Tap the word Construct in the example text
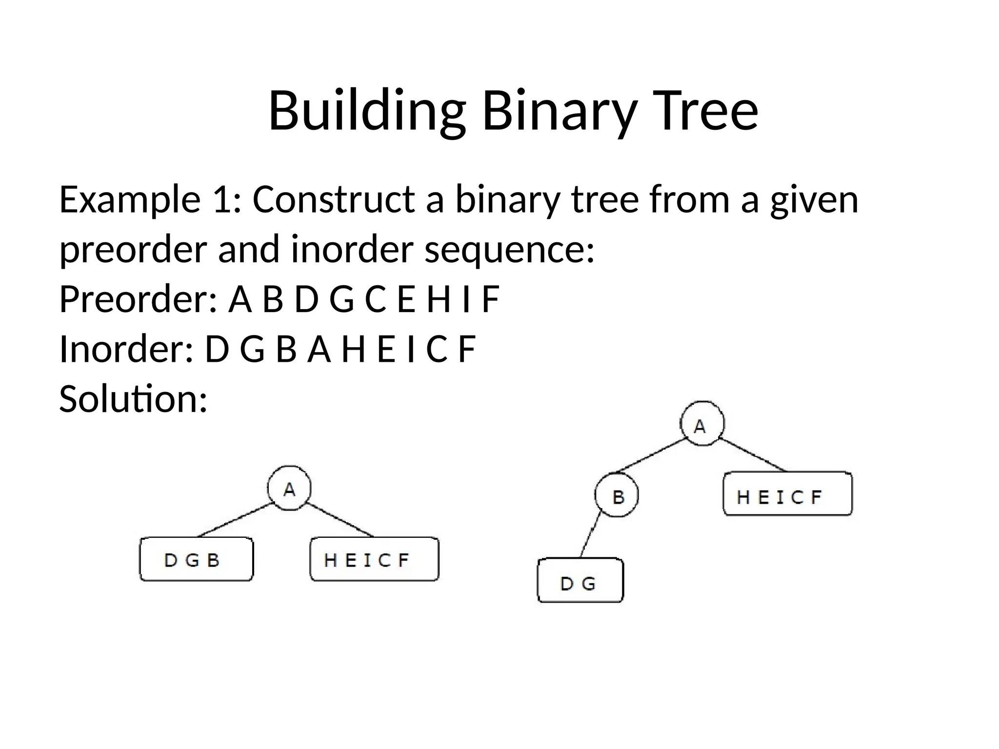point(333,199)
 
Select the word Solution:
point(133,398)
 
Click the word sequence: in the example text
point(510,249)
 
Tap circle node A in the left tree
point(290,488)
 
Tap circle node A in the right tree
point(702,424)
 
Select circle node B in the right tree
point(617,495)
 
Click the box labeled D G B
point(197,559)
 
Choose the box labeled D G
point(580,581)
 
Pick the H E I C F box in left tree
point(374,559)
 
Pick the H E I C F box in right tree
point(787,494)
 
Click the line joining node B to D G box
point(590,535)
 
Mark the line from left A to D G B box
point(235,520)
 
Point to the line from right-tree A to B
point(651,456)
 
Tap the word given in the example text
point(814,199)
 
